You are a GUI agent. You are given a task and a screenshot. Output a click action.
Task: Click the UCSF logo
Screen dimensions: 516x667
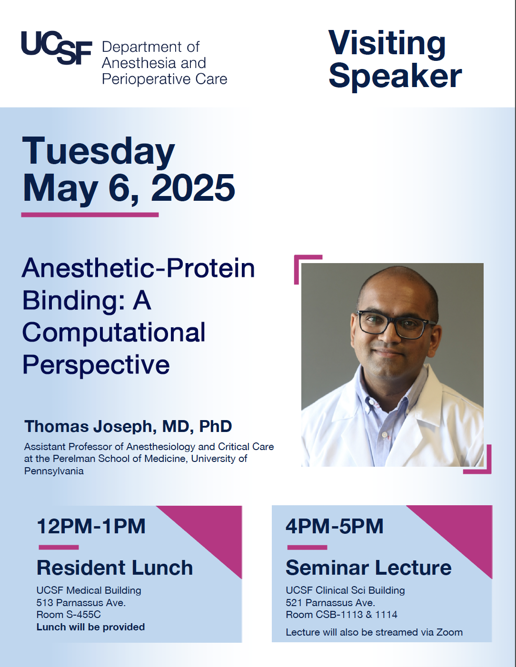[57, 48]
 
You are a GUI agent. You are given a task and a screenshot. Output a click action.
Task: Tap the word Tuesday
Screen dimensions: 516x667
[99, 151]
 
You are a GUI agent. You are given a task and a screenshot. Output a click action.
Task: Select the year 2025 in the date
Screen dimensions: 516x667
[193, 187]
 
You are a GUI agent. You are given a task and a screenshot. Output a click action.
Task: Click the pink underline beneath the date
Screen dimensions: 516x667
[89, 215]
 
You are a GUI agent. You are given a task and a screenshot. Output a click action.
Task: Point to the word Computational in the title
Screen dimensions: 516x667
[114, 333]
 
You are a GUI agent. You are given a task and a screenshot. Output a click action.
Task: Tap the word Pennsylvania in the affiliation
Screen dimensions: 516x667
[54, 471]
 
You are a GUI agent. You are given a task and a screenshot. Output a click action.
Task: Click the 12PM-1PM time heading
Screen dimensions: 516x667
[91, 526]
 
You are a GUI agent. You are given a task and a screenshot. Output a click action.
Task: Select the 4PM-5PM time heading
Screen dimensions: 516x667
[335, 526]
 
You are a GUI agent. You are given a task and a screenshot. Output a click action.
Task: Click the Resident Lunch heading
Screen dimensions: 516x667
[115, 568]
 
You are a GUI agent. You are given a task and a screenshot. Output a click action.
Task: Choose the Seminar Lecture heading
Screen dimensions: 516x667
[368, 568]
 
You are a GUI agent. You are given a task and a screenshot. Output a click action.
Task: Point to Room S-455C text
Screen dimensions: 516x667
[69, 615]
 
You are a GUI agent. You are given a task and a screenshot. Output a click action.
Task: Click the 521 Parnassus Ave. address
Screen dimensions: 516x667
[330, 603]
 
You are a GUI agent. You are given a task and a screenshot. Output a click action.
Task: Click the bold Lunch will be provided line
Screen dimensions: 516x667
[90, 627]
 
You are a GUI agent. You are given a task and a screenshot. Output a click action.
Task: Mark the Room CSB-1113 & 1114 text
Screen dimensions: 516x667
[342, 615]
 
